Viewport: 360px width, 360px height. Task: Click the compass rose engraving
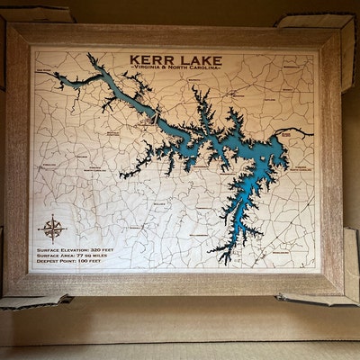click(52, 226)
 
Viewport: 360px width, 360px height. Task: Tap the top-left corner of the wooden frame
click(8, 25)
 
